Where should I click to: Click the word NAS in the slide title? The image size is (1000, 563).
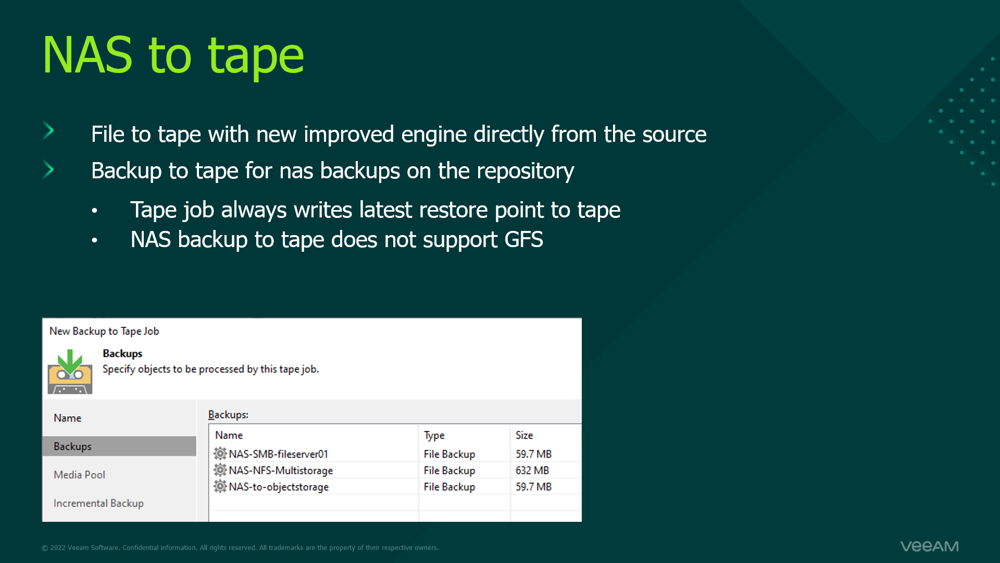87,55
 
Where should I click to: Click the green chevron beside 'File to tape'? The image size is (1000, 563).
48,131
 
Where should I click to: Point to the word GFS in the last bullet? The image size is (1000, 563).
523,240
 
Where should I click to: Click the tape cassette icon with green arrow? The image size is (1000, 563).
70,372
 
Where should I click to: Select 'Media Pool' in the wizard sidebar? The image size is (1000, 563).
79,475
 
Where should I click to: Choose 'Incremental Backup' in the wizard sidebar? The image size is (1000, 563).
98,503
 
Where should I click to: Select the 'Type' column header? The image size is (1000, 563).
434,435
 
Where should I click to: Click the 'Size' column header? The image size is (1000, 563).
524,435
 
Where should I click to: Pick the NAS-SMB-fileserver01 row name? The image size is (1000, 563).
278,454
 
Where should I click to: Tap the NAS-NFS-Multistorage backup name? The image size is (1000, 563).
281,470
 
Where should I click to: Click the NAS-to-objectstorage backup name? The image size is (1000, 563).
279,487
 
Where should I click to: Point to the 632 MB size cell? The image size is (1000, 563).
532,470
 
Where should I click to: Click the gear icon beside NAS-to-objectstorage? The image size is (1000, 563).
220,486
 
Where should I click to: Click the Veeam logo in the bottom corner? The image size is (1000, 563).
929,546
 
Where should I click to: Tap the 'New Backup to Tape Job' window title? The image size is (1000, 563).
104,331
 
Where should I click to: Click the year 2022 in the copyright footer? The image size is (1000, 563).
58,548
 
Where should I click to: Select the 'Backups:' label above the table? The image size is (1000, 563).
228,414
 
